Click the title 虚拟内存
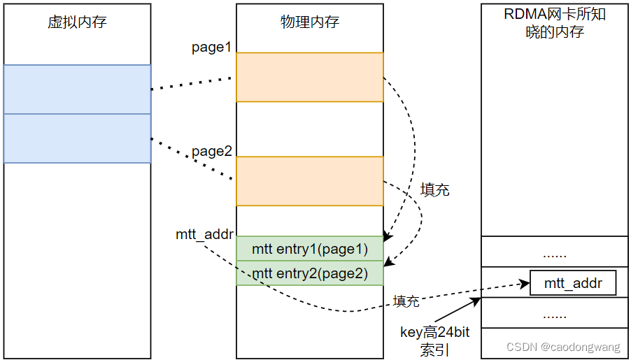pyautogui.click(x=77, y=22)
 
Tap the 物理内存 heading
pyautogui.click(x=310, y=22)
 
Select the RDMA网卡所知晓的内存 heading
pyautogui.click(x=555, y=23)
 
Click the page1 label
pyautogui.click(x=211, y=48)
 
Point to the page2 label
pyautogui.click(x=211, y=151)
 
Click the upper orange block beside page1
pyautogui.click(x=309, y=77)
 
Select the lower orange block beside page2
pyautogui.click(x=309, y=181)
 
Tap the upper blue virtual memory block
pyautogui.click(x=77, y=89)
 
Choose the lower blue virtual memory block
pyautogui.click(x=77, y=138)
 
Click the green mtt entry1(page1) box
pyautogui.click(x=309, y=249)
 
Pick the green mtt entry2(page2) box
pyautogui.click(x=309, y=273)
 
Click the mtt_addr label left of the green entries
pyautogui.click(x=204, y=235)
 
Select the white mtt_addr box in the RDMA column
pyautogui.click(x=573, y=283)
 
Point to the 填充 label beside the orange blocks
pyautogui.click(x=434, y=189)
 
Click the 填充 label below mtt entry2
pyautogui.click(x=406, y=301)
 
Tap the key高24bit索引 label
pyautogui.click(x=434, y=341)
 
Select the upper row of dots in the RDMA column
pyautogui.click(x=554, y=253)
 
